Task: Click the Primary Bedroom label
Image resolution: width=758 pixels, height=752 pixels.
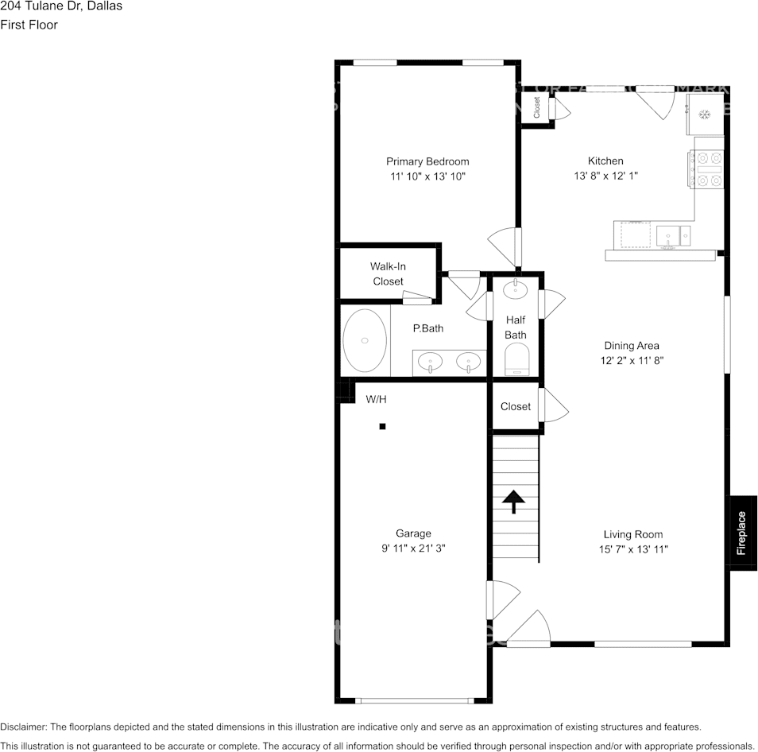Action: coord(427,161)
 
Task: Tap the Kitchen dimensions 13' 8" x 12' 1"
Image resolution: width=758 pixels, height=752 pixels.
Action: coord(605,176)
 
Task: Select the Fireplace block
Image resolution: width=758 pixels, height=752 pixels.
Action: coord(741,532)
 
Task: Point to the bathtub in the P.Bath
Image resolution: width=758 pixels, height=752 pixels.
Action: coord(365,340)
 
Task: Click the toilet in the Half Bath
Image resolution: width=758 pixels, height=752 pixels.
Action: coord(516,360)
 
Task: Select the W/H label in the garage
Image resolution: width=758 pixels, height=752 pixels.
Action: coord(376,399)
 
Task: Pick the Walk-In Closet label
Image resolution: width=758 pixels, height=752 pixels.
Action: coord(388,273)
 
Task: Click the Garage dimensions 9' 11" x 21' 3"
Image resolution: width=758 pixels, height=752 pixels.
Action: coord(413,548)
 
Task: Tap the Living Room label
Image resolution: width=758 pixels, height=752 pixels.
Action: coord(632,534)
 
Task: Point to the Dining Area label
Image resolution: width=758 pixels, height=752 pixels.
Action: coord(632,346)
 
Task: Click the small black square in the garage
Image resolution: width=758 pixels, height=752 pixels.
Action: coord(382,427)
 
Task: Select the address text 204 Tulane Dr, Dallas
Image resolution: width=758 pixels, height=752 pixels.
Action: coord(61,6)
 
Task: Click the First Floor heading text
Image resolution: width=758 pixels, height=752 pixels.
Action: coord(29,25)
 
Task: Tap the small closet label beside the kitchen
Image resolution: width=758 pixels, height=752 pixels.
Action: coord(537,107)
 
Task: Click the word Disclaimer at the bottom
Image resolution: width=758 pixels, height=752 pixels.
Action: coord(23,727)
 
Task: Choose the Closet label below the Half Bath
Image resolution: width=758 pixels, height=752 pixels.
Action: coord(515,406)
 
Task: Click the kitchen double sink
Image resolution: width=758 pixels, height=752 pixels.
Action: coord(673,236)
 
